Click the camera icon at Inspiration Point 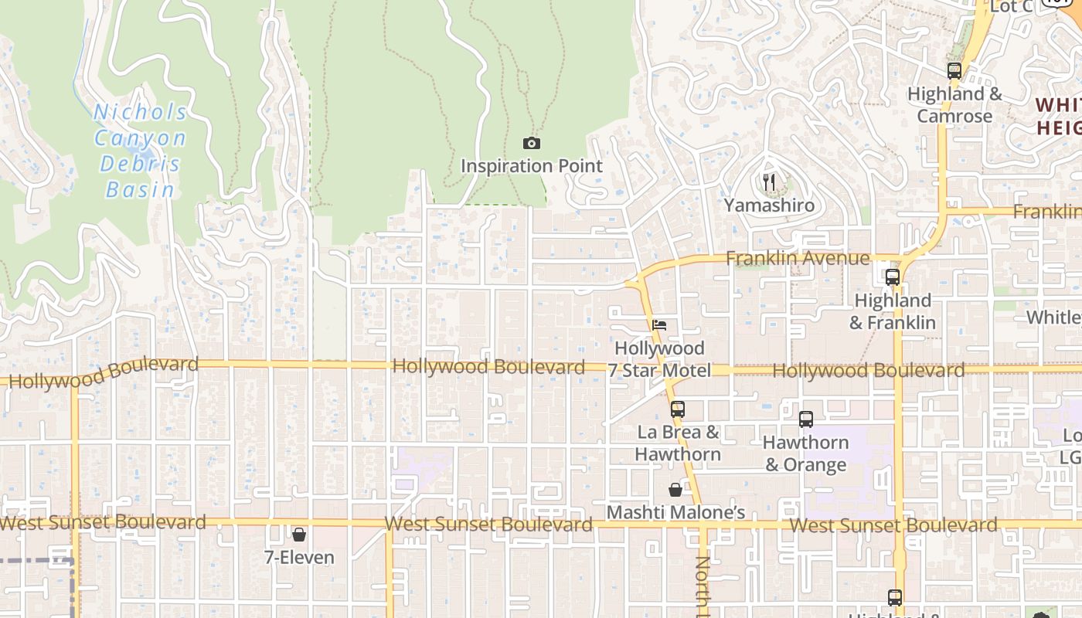coord(532,143)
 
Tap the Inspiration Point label coord(532,166)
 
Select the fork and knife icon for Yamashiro coord(769,182)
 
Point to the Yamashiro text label coord(769,205)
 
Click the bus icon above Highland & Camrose coord(954,71)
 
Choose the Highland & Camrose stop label coord(954,105)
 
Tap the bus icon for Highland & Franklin coord(893,277)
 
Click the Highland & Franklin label coord(893,311)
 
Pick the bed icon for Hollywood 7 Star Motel coord(659,325)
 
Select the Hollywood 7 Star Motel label coord(659,359)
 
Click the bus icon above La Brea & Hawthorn coord(678,409)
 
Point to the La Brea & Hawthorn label coord(678,443)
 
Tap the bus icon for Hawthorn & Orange coord(806,419)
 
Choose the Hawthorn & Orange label coord(806,453)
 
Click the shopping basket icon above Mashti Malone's coord(675,490)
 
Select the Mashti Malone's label coord(675,513)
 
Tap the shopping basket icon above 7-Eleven coord(299,534)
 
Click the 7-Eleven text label coord(299,557)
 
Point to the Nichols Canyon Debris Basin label coord(140,151)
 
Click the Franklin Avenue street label coord(798,258)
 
